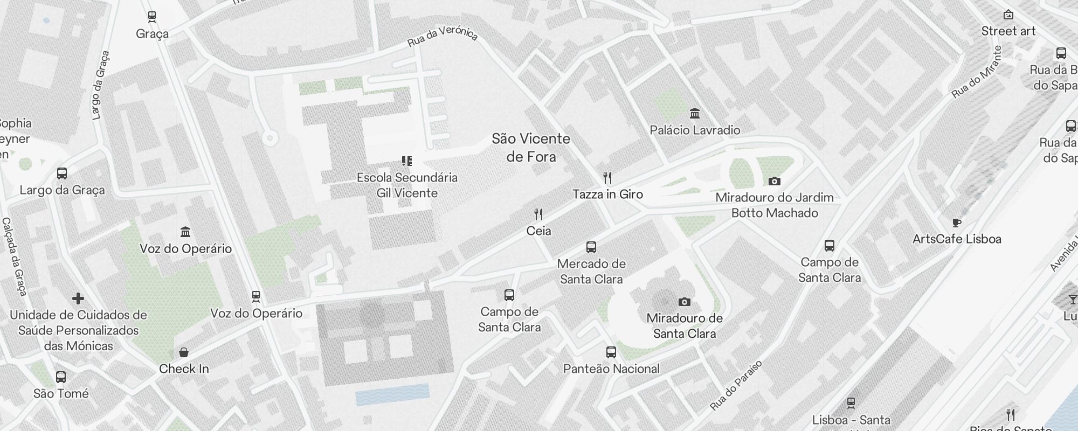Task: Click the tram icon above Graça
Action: pyautogui.click(x=152, y=17)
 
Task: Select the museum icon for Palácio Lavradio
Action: pyautogui.click(x=695, y=114)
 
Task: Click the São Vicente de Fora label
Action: pyautogui.click(x=531, y=148)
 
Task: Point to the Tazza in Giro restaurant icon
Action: pyautogui.click(x=607, y=178)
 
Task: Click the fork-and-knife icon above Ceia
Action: pyautogui.click(x=538, y=214)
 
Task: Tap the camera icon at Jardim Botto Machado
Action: pyautogui.click(x=775, y=182)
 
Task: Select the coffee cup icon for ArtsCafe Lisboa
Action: pyautogui.click(x=957, y=223)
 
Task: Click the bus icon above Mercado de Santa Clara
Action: pyautogui.click(x=591, y=247)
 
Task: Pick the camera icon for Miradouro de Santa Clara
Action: pyautogui.click(x=685, y=302)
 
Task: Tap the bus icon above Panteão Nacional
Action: pyautogui.click(x=611, y=352)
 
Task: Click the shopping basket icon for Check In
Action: pyautogui.click(x=184, y=353)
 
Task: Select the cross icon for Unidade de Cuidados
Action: pyautogui.click(x=78, y=298)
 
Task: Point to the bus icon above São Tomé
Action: pyautogui.click(x=61, y=377)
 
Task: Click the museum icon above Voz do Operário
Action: pyautogui.click(x=186, y=232)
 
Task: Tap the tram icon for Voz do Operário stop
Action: pyautogui.click(x=256, y=297)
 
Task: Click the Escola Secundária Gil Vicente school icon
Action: pyautogui.click(x=407, y=161)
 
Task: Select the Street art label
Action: pyautogui.click(x=1008, y=31)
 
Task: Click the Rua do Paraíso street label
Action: pyautogui.click(x=736, y=386)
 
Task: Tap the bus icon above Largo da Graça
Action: pyautogui.click(x=62, y=173)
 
